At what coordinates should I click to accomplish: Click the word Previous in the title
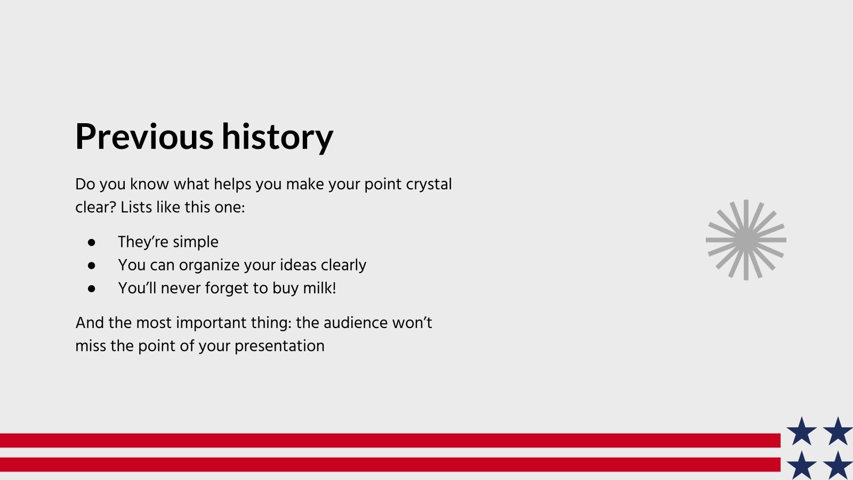pyautogui.click(x=144, y=137)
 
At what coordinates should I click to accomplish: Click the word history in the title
pyautogui.click(x=277, y=137)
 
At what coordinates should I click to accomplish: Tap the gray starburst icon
pyautogui.click(x=746, y=240)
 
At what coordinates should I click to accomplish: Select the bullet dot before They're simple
pyautogui.click(x=92, y=242)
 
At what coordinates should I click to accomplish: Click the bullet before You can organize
pyautogui.click(x=92, y=265)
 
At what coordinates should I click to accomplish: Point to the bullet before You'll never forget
pyautogui.click(x=92, y=289)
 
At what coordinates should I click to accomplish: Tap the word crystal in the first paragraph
pyautogui.click(x=429, y=185)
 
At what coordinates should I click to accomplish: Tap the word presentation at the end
pyautogui.click(x=279, y=346)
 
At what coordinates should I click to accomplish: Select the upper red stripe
pyautogui.click(x=389, y=441)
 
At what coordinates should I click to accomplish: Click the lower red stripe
pyautogui.click(x=389, y=465)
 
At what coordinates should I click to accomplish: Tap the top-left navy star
pyautogui.click(x=801, y=432)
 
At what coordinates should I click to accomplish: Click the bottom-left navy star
pyautogui.click(x=801, y=466)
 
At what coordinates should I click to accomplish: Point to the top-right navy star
pyautogui.click(x=838, y=432)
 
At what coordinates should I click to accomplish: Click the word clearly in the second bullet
pyautogui.click(x=343, y=265)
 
